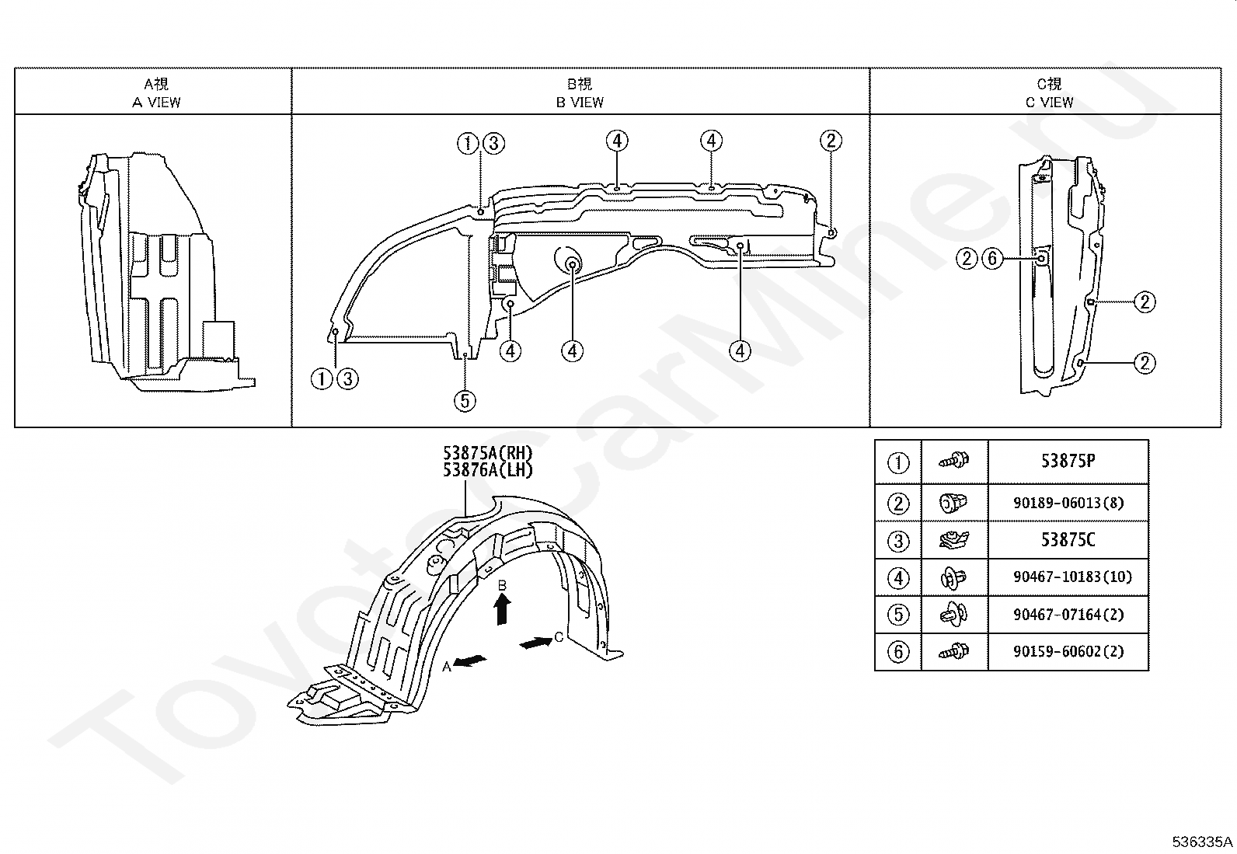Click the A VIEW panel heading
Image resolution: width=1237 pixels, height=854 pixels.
pyautogui.click(x=156, y=92)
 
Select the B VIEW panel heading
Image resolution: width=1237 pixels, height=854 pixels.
pyautogui.click(x=580, y=92)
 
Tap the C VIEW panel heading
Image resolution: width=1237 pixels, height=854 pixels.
pyautogui.click(x=1049, y=92)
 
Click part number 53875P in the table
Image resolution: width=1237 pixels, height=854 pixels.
pyautogui.click(x=1068, y=462)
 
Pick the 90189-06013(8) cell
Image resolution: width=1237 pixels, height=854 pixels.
pyautogui.click(x=1068, y=503)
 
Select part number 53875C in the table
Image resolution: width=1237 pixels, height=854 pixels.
pyautogui.click(x=1068, y=540)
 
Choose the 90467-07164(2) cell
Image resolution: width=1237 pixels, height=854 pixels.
pyautogui.click(x=1068, y=614)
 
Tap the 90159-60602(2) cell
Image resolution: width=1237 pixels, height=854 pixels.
pyautogui.click(x=1068, y=651)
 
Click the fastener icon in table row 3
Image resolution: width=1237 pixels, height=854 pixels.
pyautogui.click(x=954, y=540)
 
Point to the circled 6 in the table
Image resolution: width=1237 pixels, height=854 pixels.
pyautogui.click(x=898, y=652)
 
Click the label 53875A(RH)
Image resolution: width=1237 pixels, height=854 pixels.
pyautogui.click(x=488, y=453)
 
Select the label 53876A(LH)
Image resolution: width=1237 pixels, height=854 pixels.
pyautogui.click(x=488, y=470)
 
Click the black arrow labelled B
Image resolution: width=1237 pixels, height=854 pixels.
pyautogui.click(x=502, y=611)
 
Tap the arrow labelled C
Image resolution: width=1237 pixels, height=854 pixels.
pyautogui.click(x=535, y=643)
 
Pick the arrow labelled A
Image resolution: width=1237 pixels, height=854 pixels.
pyautogui.click(x=470, y=661)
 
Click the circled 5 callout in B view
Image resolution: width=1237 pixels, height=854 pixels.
pyautogui.click(x=465, y=400)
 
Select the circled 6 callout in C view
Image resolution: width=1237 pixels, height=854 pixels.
pyautogui.click(x=992, y=259)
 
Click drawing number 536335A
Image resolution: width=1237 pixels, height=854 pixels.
pyautogui.click(x=1202, y=842)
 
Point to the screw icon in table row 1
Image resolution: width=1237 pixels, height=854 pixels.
pyautogui.click(x=954, y=460)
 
